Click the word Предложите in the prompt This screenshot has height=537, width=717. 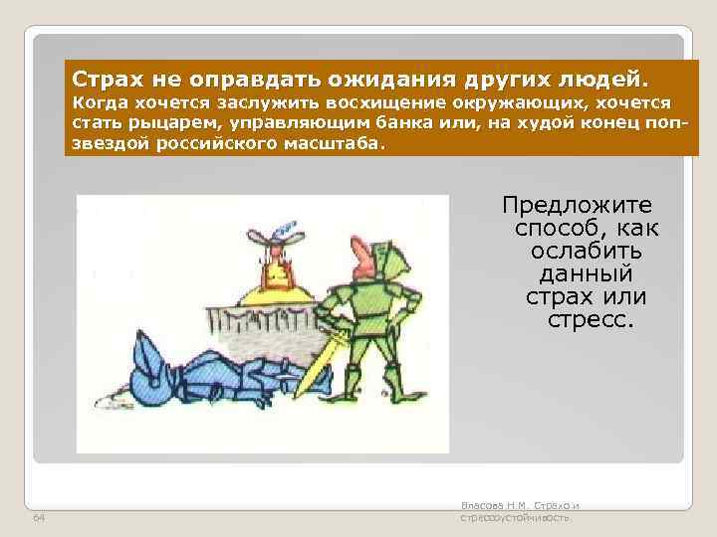tap(578, 206)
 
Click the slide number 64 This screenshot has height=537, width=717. tap(39, 519)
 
